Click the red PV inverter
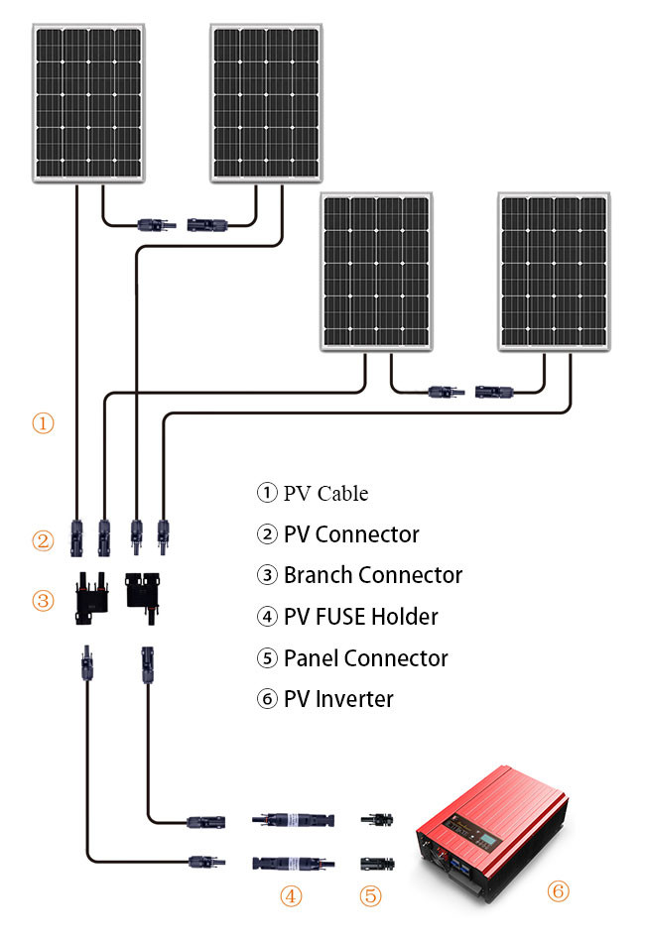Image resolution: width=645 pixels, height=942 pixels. (x=491, y=817)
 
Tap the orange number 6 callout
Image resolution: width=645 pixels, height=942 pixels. (x=559, y=891)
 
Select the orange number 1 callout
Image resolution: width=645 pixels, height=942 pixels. (x=43, y=423)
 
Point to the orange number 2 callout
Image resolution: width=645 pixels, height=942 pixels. (x=43, y=540)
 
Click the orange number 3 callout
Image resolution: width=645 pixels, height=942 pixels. (x=43, y=600)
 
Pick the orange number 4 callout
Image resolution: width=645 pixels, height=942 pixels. (x=290, y=896)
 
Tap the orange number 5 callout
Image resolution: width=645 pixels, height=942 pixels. (x=370, y=896)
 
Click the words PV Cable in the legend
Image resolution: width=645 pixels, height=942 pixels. (x=325, y=493)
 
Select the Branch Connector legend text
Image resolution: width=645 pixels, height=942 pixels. (x=373, y=575)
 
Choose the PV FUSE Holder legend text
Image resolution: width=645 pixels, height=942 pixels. (x=360, y=617)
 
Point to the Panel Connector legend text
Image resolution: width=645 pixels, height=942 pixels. (x=365, y=658)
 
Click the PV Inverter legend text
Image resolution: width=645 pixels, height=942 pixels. (x=338, y=699)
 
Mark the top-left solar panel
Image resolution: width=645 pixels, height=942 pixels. (x=89, y=103)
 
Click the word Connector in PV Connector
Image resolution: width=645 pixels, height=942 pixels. (x=367, y=534)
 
